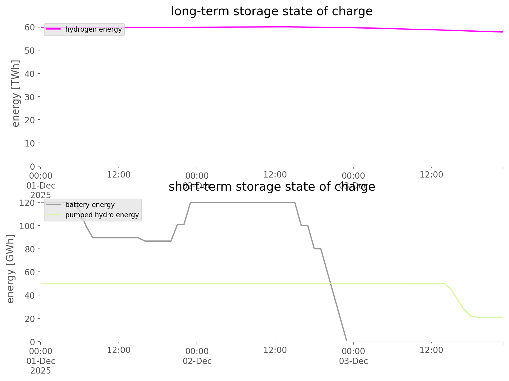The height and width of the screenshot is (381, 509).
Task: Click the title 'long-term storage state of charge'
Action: [272, 11]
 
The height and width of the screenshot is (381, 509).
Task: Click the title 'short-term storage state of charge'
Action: [272, 187]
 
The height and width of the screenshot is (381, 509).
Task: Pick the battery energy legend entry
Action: [90, 205]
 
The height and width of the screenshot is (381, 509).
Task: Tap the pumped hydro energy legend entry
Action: [102, 215]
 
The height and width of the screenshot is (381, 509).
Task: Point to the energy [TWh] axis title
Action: [16, 93]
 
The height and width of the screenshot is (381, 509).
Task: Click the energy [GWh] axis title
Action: [10, 269]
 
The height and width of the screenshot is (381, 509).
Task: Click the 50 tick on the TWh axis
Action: [30, 50]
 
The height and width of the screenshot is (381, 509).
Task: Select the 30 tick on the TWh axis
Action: [30, 97]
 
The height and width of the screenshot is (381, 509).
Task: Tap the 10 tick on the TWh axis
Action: [30, 144]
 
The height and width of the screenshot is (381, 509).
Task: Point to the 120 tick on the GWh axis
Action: [27, 203]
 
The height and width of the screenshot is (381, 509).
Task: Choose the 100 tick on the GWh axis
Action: [27, 226]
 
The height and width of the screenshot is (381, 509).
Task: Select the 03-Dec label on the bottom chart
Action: [353, 361]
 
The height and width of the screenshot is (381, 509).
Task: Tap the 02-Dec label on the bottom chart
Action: [197, 361]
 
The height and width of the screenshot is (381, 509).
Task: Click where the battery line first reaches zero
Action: [347, 341]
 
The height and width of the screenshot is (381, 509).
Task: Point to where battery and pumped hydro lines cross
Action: [331, 283]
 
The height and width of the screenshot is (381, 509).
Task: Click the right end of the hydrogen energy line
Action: [502, 32]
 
